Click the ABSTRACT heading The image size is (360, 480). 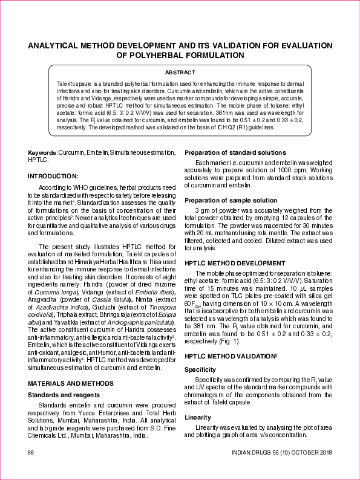[180, 72]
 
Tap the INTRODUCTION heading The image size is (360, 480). [53, 176]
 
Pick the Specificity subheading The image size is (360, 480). [200, 369]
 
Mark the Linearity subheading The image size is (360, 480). [197, 417]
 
